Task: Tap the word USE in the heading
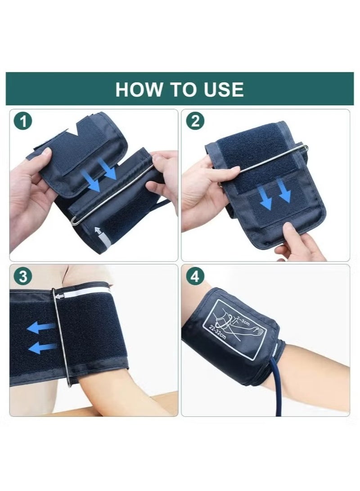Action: (x=222, y=90)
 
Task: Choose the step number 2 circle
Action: (x=195, y=122)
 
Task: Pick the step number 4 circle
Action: (x=195, y=276)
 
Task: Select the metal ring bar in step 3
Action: (x=61, y=338)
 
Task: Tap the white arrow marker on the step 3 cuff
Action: (x=60, y=295)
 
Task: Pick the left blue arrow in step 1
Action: (x=92, y=183)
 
